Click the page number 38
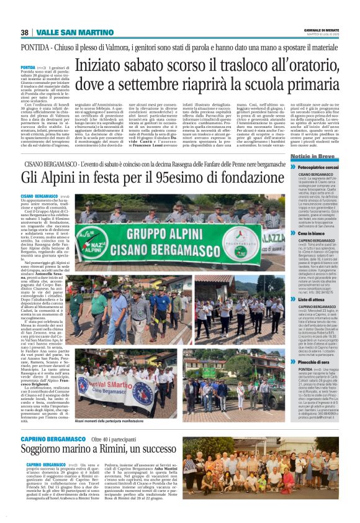(x=24, y=32)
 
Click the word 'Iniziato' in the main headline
(x=104, y=63)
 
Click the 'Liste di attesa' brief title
(x=312, y=299)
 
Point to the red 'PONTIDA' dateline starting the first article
(x=27, y=66)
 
